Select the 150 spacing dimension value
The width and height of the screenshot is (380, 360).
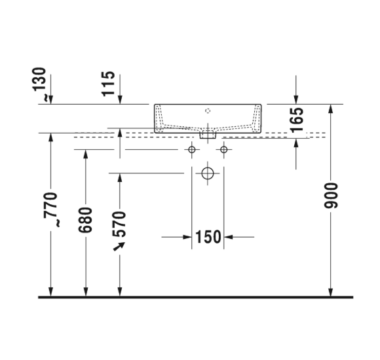(208, 237)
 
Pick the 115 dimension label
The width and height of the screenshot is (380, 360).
(109, 84)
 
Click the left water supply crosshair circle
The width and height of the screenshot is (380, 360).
(192, 151)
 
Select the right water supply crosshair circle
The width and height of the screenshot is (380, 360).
(224, 151)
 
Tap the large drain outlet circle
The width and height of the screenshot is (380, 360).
(208, 174)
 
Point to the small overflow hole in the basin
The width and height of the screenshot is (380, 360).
(208, 111)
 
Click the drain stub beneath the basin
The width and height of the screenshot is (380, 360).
(208, 136)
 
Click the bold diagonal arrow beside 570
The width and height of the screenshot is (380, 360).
(119, 247)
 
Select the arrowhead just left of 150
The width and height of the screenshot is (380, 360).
(187, 237)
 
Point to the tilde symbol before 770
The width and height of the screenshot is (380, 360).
(58, 223)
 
